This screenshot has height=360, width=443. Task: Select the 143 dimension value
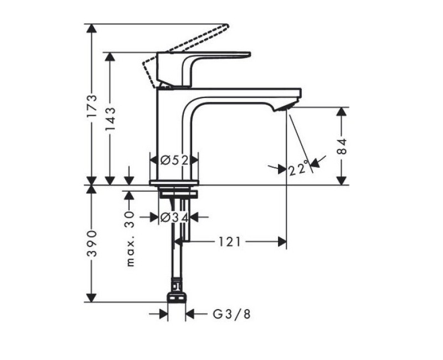[x=110, y=119]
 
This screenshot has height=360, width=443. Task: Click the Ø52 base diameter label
[x=174, y=160]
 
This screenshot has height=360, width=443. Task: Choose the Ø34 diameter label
[x=174, y=218]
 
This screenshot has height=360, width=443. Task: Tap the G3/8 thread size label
[x=232, y=314]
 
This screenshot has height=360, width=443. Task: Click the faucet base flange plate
[x=174, y=182]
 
